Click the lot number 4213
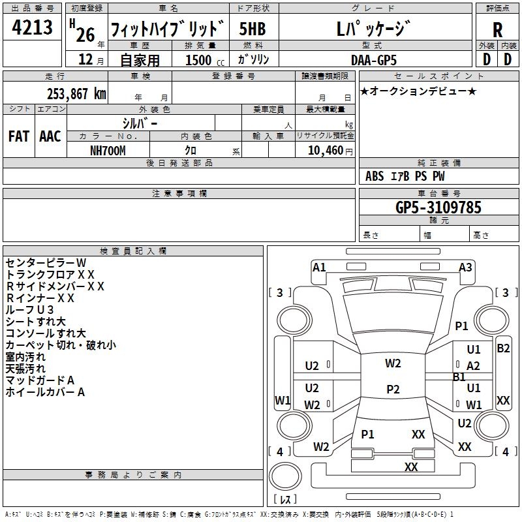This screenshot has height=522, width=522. click(32, 27)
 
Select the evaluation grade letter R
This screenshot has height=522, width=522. click(497, 30)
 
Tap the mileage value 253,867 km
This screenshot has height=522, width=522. click(76, 94)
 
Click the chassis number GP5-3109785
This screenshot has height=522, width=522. click(438, 207)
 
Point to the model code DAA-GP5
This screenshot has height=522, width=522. click(374, 61)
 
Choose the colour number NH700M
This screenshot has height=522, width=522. click(108, 151)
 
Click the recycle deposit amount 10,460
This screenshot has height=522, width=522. click(326, 151)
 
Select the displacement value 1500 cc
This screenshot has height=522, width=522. click(205, 60)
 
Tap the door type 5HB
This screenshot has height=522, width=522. click(253, 29)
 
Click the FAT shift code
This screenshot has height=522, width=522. click(19, 136)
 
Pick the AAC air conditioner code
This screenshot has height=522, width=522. click(50, 136)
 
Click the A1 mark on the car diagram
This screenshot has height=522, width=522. click(319, 268)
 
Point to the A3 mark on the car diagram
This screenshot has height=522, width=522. click(465, 268)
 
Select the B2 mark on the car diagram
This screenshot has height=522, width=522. click(503, 348)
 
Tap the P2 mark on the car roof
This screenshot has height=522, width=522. click(393, 389)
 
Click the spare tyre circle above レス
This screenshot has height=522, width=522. click(285, 476)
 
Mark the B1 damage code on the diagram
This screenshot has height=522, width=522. click(459, 377)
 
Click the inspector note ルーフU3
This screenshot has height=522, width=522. click(29, 310)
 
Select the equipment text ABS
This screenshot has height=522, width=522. click(375, 176)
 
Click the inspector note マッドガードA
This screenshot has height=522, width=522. click(40, 380)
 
